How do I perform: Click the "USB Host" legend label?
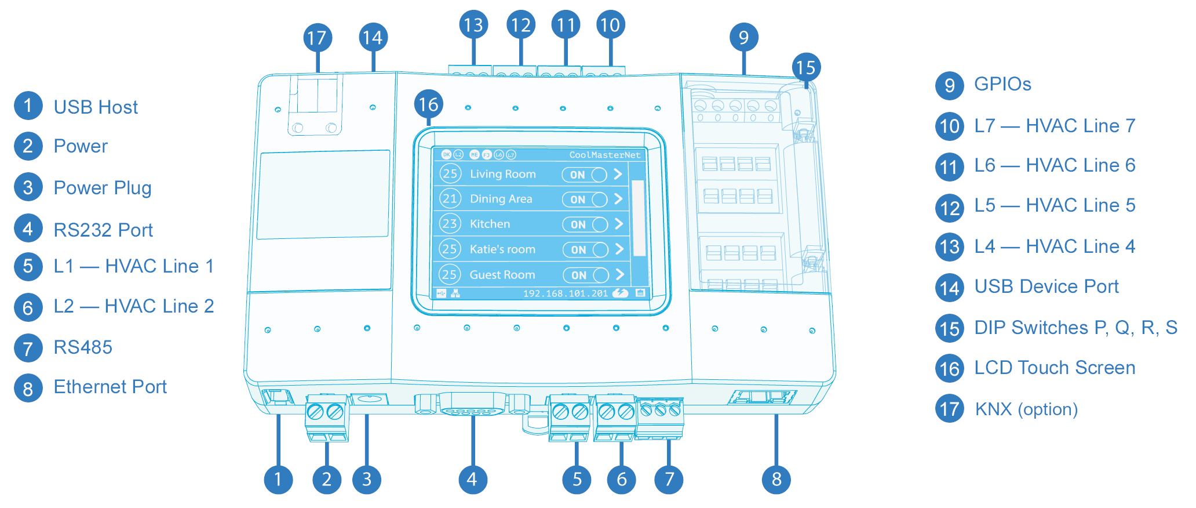(96, 107)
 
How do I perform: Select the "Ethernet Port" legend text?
(110, 387)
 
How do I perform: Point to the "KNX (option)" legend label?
(1026, 409)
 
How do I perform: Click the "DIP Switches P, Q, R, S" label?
(1075, 328)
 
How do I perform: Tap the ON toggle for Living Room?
(585, 175)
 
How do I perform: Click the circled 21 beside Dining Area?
(450, 199)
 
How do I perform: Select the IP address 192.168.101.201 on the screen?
(566, 293)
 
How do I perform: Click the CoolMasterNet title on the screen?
(604, 155)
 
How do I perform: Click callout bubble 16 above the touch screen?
(429, 104)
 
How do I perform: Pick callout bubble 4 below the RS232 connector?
(472, 480)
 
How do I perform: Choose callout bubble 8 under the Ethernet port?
(776, 480)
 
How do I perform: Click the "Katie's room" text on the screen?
(502, 249)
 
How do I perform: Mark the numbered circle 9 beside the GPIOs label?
(950, 85)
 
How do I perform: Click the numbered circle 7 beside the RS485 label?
(28, 349)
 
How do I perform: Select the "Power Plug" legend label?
(103, 188)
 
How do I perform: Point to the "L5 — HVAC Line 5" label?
(1055, 205)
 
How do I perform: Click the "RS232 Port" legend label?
(103, 230)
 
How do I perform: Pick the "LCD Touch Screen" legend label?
(1055, 368)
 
